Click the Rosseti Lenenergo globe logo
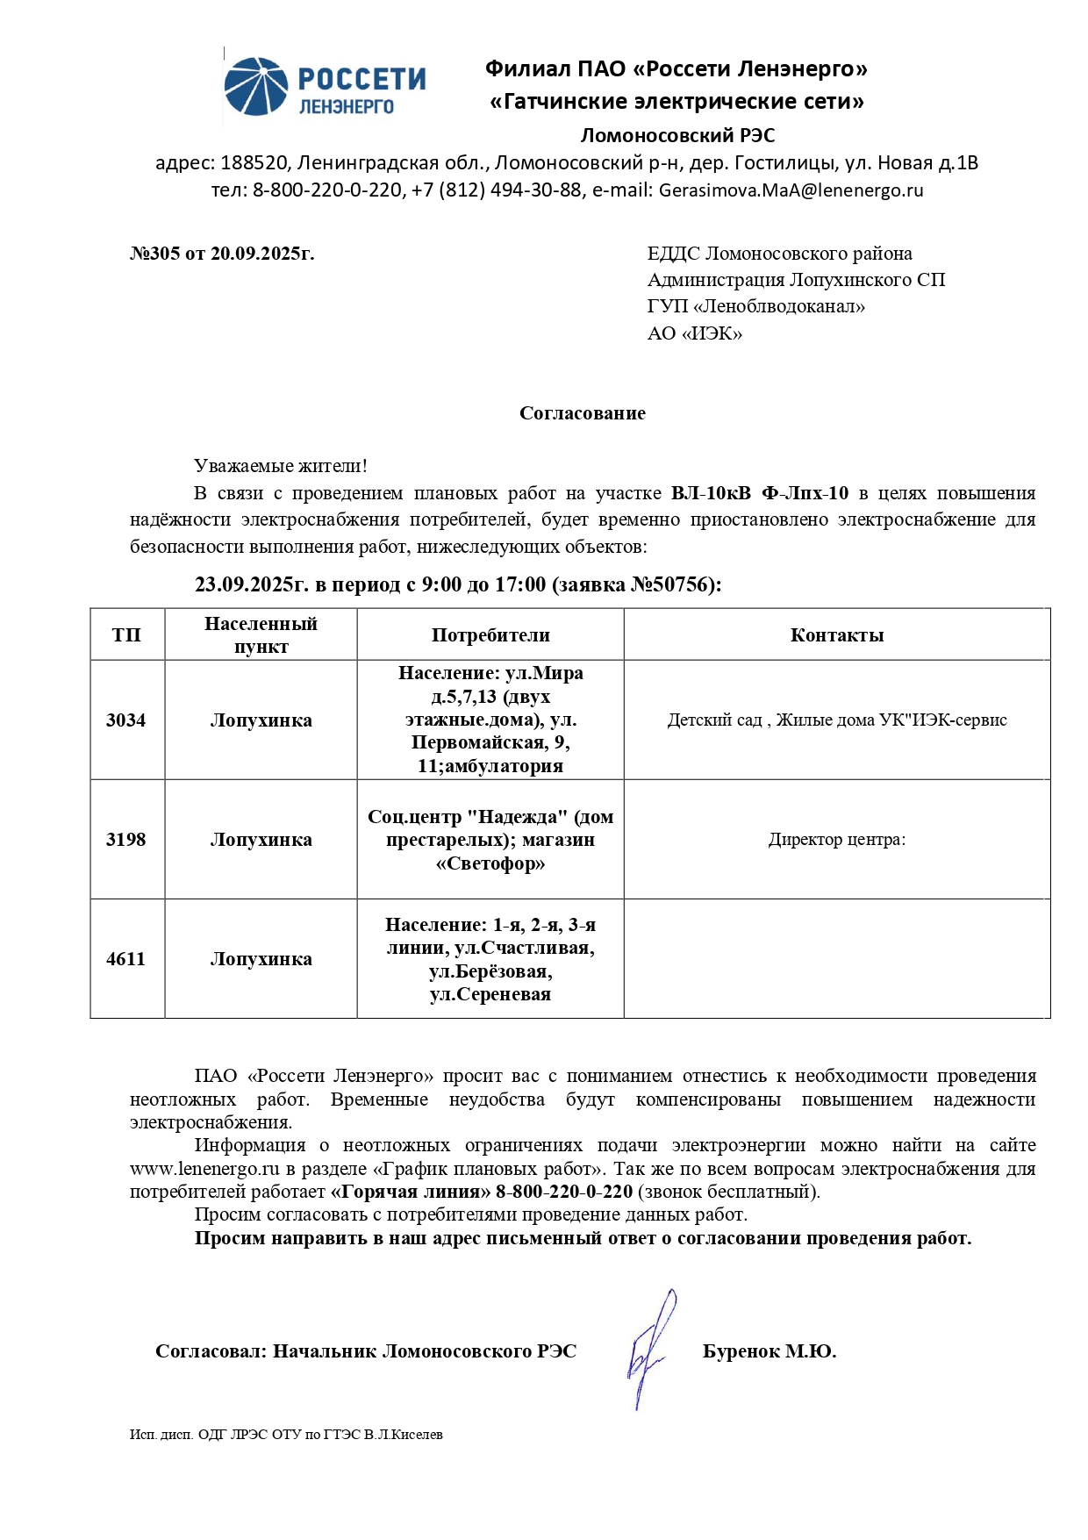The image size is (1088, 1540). click(x=256, y=87)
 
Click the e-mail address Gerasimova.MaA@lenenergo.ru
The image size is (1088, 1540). click(x=791, y=190)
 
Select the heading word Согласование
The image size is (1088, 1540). click(x=582, y=413)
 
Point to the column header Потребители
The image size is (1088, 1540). click(x=490, y=635)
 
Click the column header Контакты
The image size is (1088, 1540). click(x=836, y=635)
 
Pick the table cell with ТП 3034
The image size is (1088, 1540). click(x=126, y=720)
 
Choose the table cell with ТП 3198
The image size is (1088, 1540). click(x=126, y=840)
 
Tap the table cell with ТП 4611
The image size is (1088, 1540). click(x=126, y=959)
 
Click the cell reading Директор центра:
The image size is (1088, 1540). click(x=836, y=840)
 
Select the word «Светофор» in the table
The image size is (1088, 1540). click(x=490, y=863)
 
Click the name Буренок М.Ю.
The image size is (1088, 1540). click(x=769, y=1351)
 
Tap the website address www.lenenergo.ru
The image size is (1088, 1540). click(x=204, y=1169)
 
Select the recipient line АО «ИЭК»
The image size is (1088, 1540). click(x=694, y=333)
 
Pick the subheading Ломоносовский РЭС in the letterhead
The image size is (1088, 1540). click(x=677, y=135)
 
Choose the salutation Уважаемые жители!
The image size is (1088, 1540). click(x=281, y=466)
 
